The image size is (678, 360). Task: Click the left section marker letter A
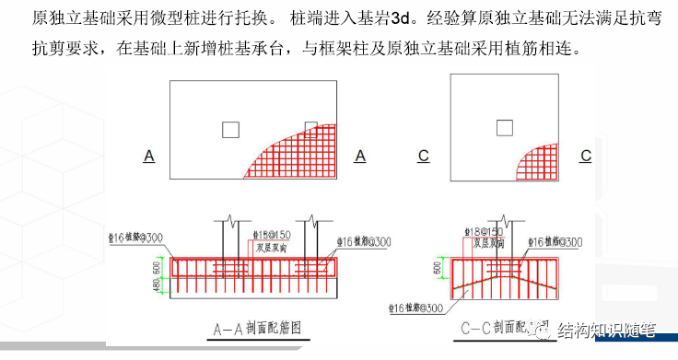148,157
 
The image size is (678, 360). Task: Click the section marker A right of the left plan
359,157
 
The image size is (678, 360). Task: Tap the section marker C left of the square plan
423,157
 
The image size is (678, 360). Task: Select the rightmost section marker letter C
585,157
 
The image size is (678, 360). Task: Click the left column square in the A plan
230,130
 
